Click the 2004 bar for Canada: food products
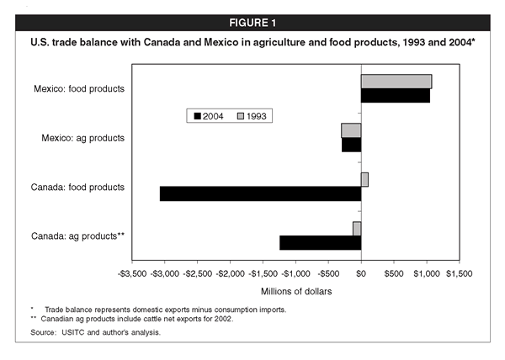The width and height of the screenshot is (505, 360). click(x=260, y=193)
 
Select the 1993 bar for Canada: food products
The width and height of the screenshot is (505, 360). click(x=364, y=179)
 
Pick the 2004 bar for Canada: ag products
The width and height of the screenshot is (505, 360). click(x=320, y=243)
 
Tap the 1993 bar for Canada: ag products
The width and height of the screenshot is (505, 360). click(x=357, y=229)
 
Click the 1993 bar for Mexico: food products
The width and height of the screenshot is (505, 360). click(x=396, y=81)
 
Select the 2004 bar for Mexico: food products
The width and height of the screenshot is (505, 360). click(x=395, y=95)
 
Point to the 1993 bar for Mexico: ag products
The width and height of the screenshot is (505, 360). click(x=351, y=130)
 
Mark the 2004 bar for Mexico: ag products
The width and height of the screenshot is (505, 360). click(x=351, y=145)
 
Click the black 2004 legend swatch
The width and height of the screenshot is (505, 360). click(x=197, y=116)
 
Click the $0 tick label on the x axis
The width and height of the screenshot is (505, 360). click(x=361, y=273)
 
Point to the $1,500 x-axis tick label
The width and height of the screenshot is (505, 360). click(x=459, y=273)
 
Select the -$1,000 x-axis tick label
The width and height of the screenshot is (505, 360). click(x=295, y=273)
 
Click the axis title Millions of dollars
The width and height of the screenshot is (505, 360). click(x=295, y=291)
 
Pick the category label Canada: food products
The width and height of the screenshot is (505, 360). click(x=79, y=187)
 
